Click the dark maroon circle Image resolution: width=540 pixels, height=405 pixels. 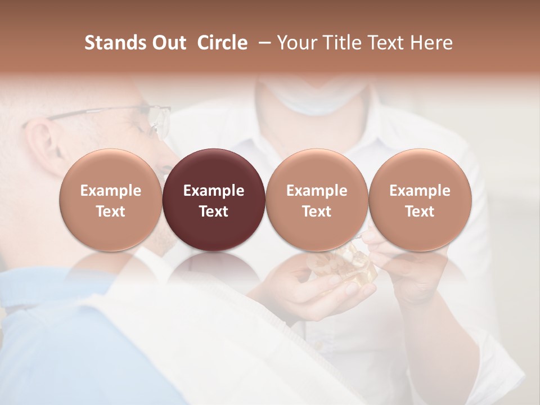214,200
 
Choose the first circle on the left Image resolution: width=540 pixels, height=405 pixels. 110,200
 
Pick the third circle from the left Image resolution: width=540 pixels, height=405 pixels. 317,200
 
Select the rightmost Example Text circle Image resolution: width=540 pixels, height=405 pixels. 420,200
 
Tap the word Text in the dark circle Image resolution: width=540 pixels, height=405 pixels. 214,211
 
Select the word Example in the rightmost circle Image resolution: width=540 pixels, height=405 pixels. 420,191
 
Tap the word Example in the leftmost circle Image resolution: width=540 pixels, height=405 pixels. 110,191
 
